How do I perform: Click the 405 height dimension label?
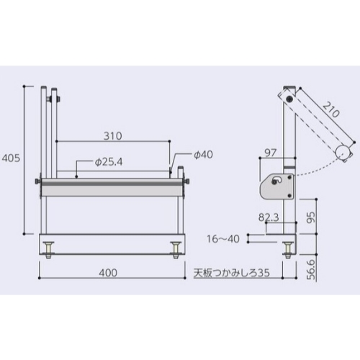[x=11, y=158]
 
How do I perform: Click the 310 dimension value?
[x=113, y=136]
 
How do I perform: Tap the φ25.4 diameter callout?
[x=109, y=162]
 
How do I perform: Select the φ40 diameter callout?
[x=203, y=155]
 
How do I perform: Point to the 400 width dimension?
[x=108, y=273]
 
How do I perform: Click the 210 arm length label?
[x=331, y=109]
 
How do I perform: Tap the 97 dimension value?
[x=271, y=153]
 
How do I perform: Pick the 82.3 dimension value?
[x=269, y=217]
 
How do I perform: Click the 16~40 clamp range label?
[x=223, y=239]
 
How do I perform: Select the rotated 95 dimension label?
[x=311, y=217]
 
